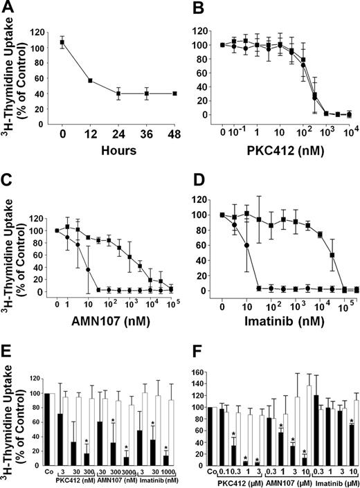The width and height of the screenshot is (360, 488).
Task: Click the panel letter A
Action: click(8, 8)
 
